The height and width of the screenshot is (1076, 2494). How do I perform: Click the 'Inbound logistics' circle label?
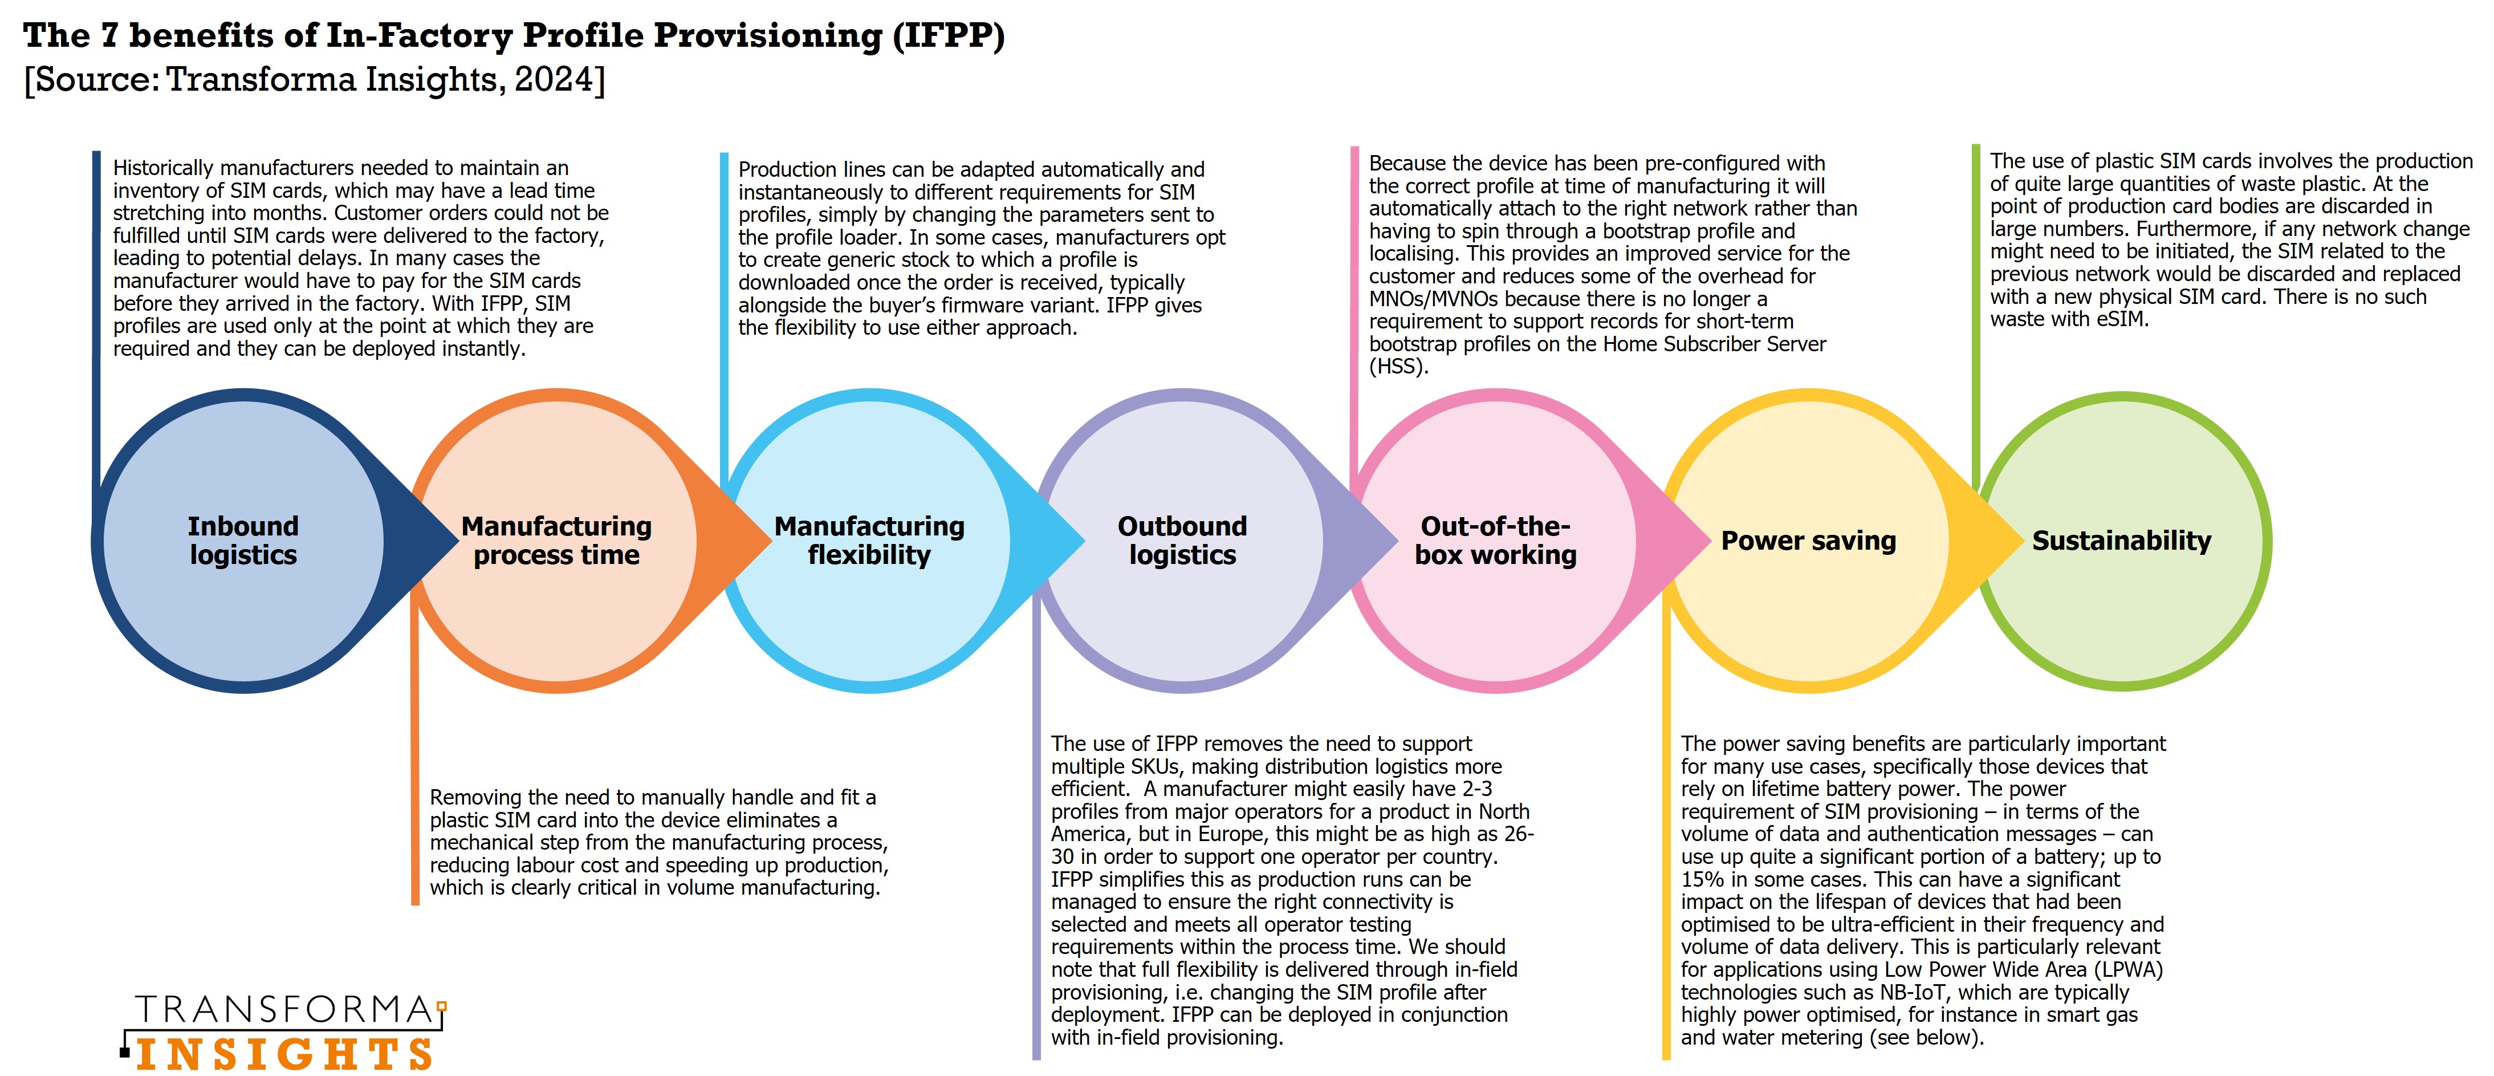click(x=243, y=541)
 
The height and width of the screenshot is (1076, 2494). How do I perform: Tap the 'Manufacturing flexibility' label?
click(x=869, y=541)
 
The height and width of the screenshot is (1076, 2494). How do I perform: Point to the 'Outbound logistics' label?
click(x=1182, y=541)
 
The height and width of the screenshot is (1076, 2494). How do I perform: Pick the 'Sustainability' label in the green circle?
click(x=2121, y=541)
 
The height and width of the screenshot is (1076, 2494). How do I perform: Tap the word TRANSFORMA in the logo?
click(x=284, y=1010)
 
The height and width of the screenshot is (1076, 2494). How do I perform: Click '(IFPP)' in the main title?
click(x=948, y=36)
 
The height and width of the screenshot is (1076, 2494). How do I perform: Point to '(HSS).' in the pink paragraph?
click(x=1398, y=367)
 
